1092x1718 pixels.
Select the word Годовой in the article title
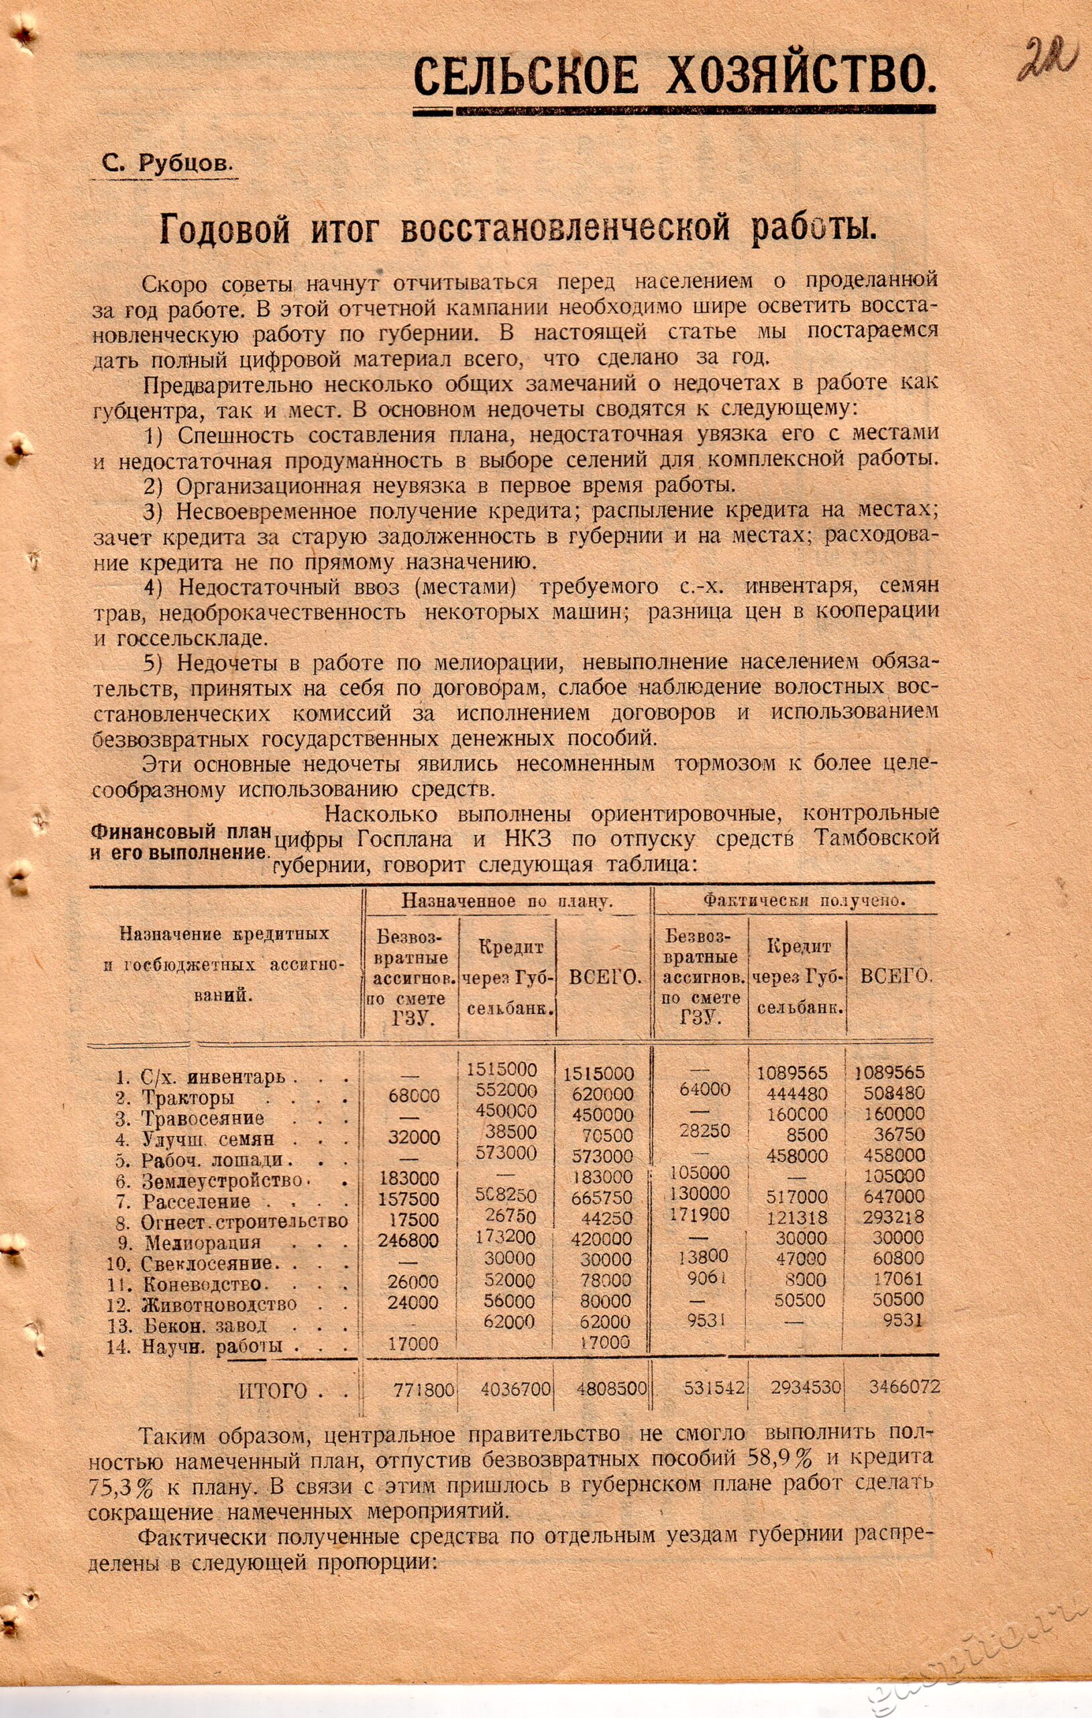225,228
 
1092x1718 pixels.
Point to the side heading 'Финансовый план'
181,832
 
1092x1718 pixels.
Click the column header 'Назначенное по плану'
507,901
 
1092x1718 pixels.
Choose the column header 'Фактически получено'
804,901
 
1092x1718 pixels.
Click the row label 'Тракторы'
188,1097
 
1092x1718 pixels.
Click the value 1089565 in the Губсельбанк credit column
792,1072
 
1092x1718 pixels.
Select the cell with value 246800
408,1240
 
